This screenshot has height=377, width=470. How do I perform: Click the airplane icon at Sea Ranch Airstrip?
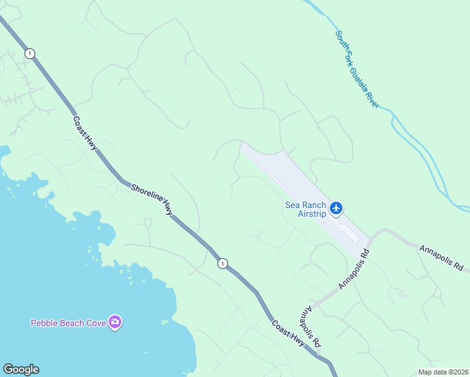pos(336,207)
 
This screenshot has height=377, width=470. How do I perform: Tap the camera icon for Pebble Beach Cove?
pos(115,322)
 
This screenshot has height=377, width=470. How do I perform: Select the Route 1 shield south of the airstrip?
pos(222,264)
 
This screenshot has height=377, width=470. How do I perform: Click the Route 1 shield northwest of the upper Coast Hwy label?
pos(30,53)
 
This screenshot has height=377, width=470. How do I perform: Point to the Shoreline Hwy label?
pos(151,199)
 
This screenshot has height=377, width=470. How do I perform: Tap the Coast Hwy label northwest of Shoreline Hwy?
pos(85,133)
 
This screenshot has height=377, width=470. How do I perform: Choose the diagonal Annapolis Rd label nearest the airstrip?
pos(354,269)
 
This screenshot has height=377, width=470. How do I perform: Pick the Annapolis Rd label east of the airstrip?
pos(441,258)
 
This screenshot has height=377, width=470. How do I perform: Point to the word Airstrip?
pos(312,214)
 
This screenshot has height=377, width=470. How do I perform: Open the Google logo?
pos(21,369)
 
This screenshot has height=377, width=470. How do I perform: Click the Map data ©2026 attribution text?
pos(443,372)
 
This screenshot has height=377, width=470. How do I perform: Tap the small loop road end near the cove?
pos(148,222)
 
